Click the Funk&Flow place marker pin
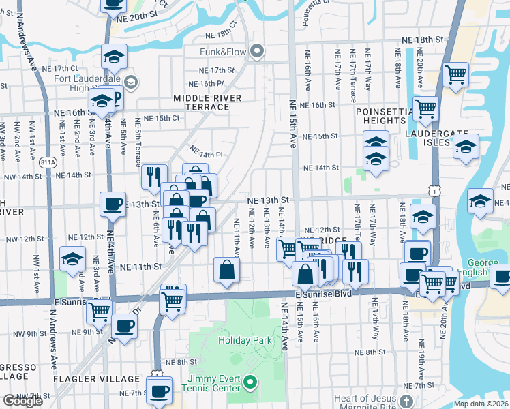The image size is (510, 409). click(257, 51)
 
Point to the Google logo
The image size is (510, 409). click(22, 401)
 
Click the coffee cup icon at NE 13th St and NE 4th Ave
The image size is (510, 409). click(112, 203)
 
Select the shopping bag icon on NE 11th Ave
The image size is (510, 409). click(226, 270)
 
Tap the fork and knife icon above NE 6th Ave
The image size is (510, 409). click(154, 176)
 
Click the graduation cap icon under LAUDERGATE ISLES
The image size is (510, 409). click(466, 147)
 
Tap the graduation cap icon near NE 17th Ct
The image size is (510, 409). click(115, 57)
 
